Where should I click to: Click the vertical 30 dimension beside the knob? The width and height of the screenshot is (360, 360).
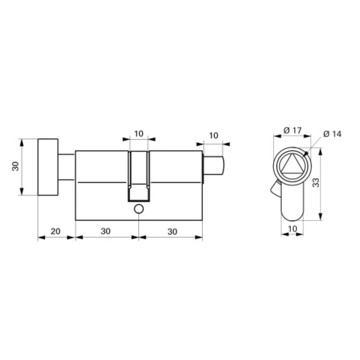pos(16,167)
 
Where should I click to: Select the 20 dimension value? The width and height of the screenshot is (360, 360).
pos(55,231)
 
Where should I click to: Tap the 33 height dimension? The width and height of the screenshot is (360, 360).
pos(316,183)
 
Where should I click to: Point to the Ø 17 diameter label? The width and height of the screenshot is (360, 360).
pos(292,131)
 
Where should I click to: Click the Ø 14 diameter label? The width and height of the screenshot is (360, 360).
pos(332,134)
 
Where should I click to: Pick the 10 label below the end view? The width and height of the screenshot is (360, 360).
pos(292,229)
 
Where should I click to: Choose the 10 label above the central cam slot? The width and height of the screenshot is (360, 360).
pos(138,134)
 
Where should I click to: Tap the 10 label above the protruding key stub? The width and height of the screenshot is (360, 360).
pos(213,135)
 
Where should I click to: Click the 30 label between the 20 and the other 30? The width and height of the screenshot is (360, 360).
pos(105,231)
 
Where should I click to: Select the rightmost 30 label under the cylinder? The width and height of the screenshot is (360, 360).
pos(172,232)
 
